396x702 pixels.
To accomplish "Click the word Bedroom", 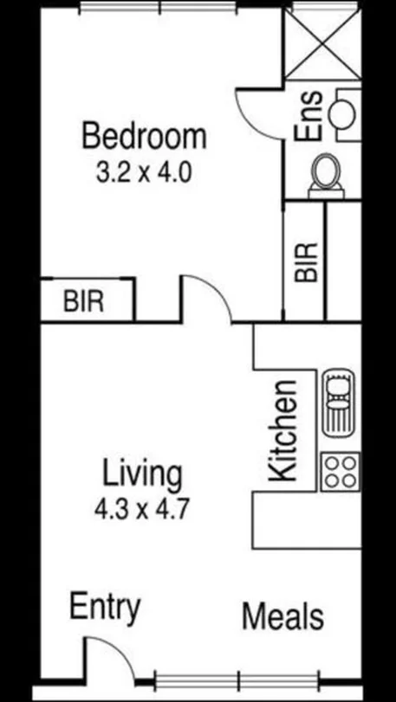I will (144, 137).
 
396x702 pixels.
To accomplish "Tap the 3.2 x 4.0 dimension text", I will (143, 171).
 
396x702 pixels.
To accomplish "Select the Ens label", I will (309, 116).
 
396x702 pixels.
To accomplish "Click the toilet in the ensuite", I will (328, 172).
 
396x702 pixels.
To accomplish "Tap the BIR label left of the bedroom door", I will (84, 302).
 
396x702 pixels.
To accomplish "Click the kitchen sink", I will (339, 403).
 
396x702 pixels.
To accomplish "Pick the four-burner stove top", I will (339, 472).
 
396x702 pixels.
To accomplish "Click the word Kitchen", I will (283, 430).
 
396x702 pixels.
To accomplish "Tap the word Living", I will (142, 474).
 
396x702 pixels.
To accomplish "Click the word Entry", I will (104, 608).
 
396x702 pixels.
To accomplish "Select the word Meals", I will (282, 617).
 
